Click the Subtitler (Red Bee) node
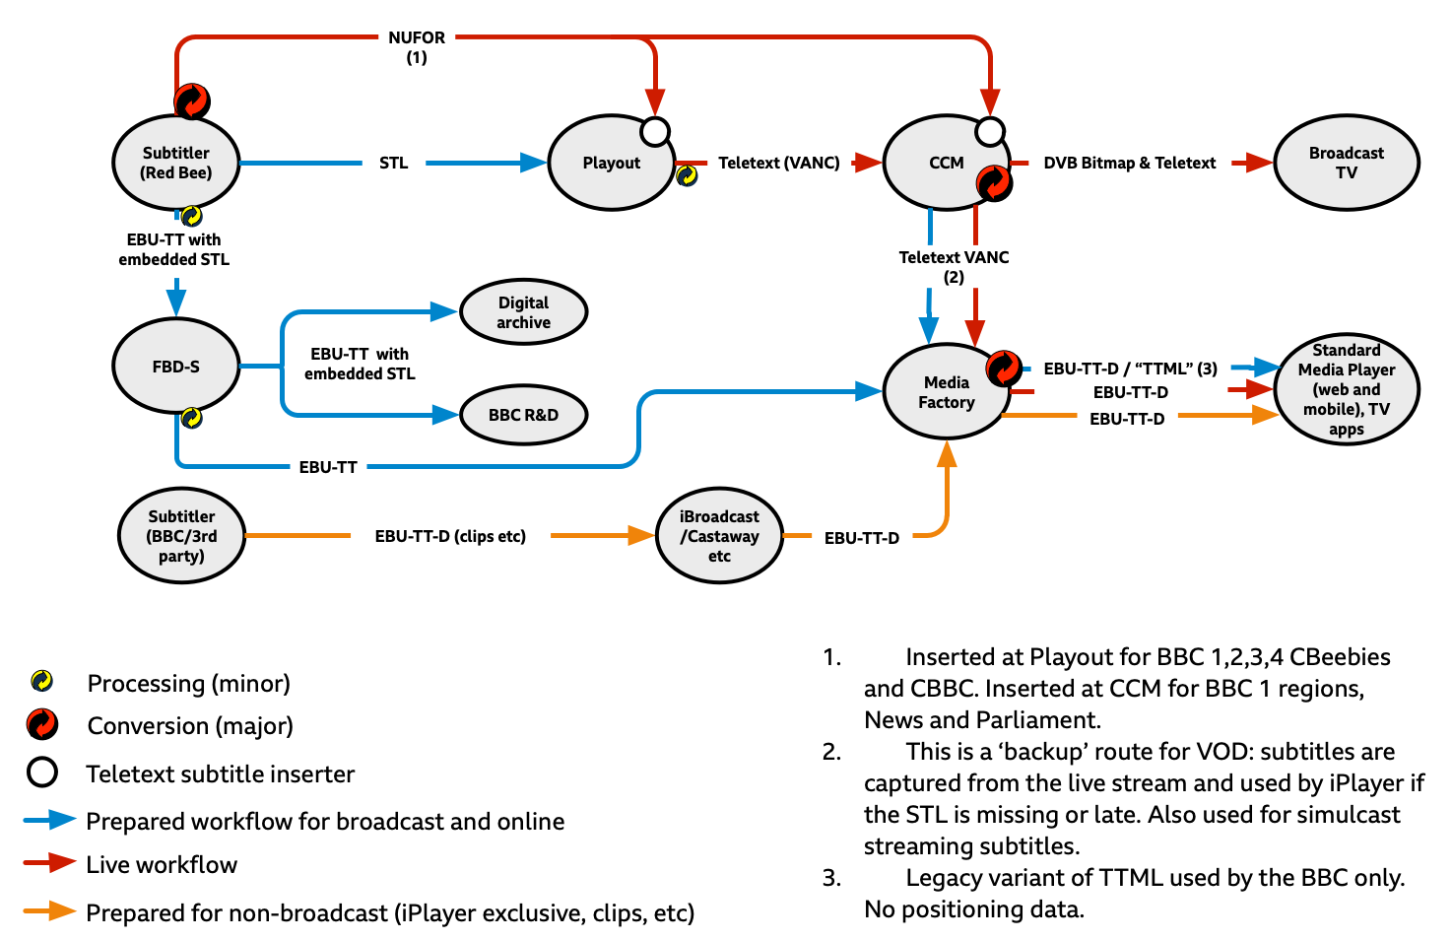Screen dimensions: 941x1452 [x=176, y=163]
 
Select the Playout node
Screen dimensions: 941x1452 [x=611, y=163]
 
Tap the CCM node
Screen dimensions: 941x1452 [x=946, y=163]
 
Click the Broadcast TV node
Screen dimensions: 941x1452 [x=1346, y=163]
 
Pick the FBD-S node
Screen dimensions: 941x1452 [x=176, y=367]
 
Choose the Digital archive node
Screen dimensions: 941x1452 [x=523, y=312]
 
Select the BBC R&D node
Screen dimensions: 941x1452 [x=523, y=415]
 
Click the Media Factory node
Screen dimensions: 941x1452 [x=946, y=392]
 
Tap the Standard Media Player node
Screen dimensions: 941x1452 [x=1346, y=389]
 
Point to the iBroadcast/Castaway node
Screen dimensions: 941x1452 [x=719, y=536]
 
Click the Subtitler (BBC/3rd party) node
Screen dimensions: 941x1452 [x=181, y=536]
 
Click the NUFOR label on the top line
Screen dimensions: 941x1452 [x=417, y=37]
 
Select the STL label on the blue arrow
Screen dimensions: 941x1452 [x=393, y=163]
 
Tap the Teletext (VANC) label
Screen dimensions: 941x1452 [x=778, y=163]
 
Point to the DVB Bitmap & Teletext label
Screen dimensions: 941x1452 [x=1129, y=163]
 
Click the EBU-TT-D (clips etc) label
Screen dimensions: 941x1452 [x=450, y=536]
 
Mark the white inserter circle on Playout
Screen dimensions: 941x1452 [x=655, y=131]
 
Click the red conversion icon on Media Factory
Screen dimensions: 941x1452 [x=1004, y=368]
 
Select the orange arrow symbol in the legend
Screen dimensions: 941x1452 [x=49, y=910]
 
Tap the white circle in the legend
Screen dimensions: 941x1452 [x=42, y=773]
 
